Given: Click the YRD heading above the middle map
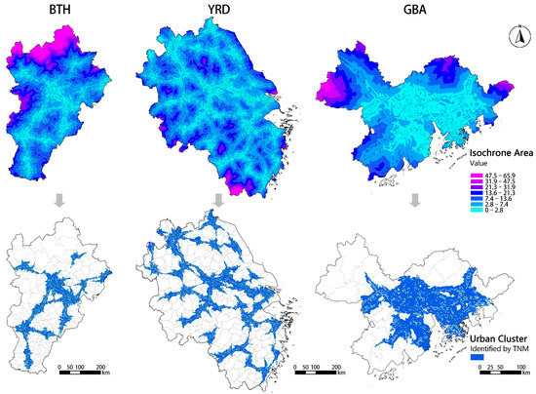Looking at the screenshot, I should click(x=217, y=12).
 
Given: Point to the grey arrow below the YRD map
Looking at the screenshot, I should click(x=217, y=202).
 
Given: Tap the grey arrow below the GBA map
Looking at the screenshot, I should click(x=415, y=202).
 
